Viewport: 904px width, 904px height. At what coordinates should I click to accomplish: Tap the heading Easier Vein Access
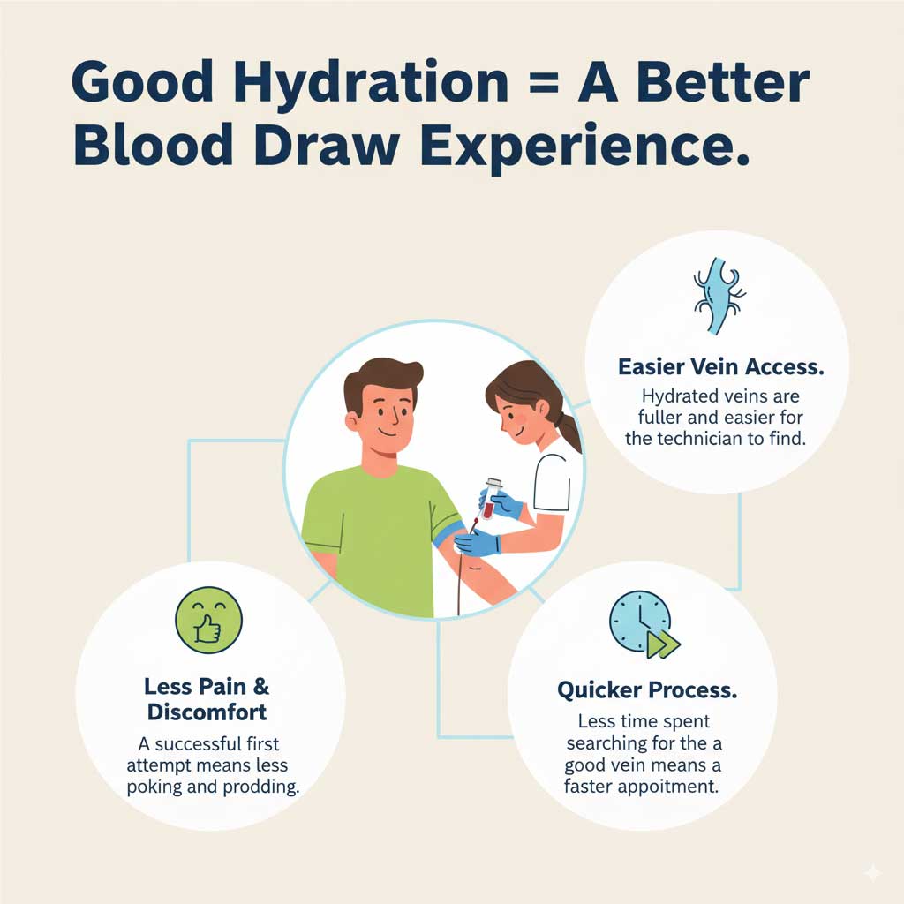[x=717, y=366]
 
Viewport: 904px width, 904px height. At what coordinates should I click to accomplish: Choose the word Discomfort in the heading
[x=207, y=711]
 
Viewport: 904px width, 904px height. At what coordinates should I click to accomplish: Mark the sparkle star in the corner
[x=872, y=871]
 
